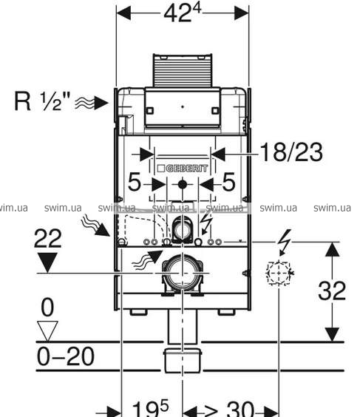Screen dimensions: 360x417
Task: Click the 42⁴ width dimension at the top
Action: (x=183, y=13)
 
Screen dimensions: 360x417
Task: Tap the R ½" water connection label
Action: (x=42, y=101)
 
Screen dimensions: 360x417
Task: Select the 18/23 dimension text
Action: (x=291, y=152)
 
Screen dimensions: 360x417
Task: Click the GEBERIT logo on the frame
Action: (x=183, y=168)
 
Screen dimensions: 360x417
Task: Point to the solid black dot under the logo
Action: (x=183, y=184)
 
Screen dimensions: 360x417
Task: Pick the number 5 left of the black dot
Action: (x=135, y=182)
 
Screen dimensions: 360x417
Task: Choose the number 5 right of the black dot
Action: (x=228, y=182)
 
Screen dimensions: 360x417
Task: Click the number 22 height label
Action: (x=48, y=239)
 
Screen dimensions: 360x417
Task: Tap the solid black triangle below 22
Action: (x=47, y=262)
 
